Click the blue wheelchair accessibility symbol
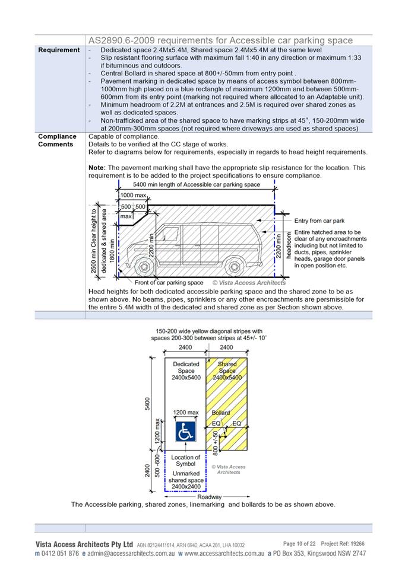pos(185,431)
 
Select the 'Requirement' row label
pos(59,50)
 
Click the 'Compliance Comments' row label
pos(58,140)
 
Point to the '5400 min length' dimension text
pos(197,185)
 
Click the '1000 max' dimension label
pos(133,195)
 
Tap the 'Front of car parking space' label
pos(169,283)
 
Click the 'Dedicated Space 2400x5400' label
pos(186,370)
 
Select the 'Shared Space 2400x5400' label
pos(227,370)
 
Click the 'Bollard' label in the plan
pos(221,413)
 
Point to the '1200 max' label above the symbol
pos(186,413)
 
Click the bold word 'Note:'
pos(99,168)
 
